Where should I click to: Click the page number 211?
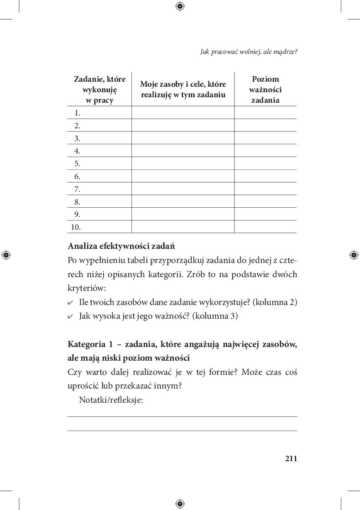pos(291,458)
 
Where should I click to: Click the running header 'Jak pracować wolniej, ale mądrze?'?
pos(249,52)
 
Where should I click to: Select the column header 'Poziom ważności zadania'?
pos(265,89)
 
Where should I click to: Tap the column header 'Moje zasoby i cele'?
pos(183,89)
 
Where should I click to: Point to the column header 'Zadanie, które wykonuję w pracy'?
pos(99,89)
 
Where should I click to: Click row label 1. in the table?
pos(77,113)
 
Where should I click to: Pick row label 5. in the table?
pos(77,163)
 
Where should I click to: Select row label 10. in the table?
pos(76,227)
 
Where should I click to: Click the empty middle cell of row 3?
pos(183,138)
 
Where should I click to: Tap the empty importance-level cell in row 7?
pos(265,189)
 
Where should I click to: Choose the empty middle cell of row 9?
pos(183,214)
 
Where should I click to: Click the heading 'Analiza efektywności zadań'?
pos(121,246)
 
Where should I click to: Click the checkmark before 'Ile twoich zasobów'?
pos(70,303)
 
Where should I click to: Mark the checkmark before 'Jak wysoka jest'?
pos(70,316)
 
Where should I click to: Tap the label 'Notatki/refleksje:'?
pos(111,400)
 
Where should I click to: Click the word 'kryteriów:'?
pos(87,289)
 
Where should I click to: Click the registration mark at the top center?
pos(180,6)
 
